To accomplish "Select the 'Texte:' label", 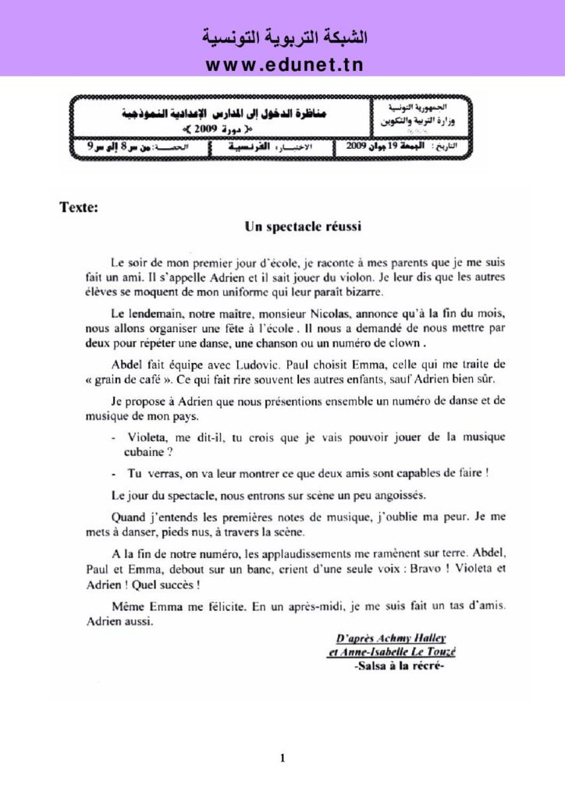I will click(x=79, y=208).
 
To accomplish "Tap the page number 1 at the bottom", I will click(x=282, y=756).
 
